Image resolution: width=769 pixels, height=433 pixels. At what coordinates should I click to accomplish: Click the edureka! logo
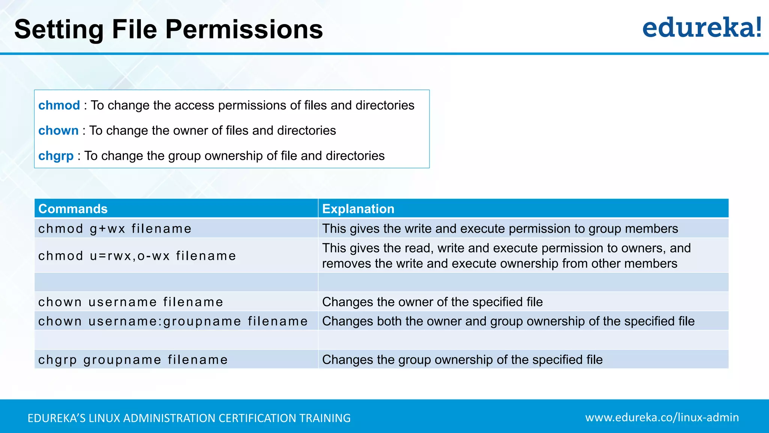701,28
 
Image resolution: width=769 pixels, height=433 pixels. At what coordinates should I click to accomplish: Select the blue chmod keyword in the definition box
59,105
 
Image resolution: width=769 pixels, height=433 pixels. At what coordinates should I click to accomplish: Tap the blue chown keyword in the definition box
58,130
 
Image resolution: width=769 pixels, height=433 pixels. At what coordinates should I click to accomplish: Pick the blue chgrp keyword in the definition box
56,156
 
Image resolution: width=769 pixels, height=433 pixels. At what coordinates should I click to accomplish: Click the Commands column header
73,209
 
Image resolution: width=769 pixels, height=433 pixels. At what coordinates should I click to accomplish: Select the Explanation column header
358,209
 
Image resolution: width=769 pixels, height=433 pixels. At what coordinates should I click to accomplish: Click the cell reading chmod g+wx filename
115,229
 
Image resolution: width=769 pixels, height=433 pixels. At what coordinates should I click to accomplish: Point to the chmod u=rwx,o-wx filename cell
137,256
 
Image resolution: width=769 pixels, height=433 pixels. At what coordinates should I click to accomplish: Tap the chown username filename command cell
131,302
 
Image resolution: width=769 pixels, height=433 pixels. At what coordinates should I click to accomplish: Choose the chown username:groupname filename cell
173,321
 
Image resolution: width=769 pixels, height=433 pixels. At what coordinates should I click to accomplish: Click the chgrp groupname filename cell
133,360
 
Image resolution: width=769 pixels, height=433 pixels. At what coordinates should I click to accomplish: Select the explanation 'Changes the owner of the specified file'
432,302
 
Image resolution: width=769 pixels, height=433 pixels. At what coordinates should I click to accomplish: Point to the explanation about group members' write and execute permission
500,229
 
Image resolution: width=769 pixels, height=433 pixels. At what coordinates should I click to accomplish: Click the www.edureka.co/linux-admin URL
662,417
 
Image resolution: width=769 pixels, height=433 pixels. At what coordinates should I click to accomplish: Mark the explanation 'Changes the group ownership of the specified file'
462,360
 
